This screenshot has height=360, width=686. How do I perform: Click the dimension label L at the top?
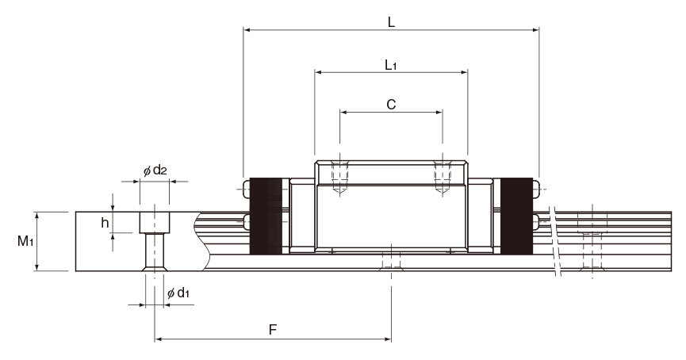[x=391, y=22]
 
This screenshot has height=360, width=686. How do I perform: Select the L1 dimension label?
[x=391, y=65]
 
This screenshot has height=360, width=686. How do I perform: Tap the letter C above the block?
[x=391, y=105]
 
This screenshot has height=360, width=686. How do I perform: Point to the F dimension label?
[x=273, y=329]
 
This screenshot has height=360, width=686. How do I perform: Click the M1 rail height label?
[x=25, y=240]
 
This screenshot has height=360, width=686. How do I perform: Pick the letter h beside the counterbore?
[x=105, y=223]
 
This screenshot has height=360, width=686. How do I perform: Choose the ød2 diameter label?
[x=155, y=170]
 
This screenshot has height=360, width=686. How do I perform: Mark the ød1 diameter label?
[x=178, y=293]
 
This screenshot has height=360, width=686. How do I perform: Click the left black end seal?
[x=266, y=216]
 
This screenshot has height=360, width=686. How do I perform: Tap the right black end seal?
[x=517, y=216]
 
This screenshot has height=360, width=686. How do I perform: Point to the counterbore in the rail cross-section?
[x=155, y=223]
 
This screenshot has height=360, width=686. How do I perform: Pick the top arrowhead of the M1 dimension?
[x=36, y=215]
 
